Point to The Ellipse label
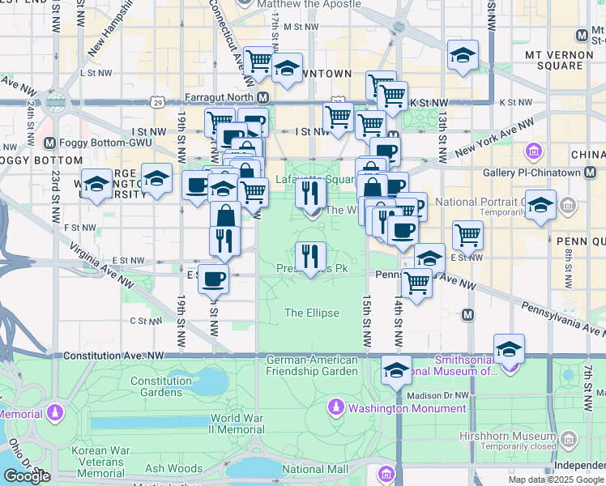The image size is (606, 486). [312, 313]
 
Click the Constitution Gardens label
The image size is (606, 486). [161, 386]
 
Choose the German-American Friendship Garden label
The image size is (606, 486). [312, 365]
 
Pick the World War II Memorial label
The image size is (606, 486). [237, 424]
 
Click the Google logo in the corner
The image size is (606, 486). [27, 476]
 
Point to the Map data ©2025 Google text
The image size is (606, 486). [557, 480]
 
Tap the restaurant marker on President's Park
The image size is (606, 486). [310, 257]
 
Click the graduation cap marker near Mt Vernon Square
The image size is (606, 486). [463, 55]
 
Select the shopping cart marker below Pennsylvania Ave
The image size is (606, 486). [416, 283]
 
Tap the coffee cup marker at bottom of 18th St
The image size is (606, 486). [213, 279]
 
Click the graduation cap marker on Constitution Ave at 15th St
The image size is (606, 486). [396, 370]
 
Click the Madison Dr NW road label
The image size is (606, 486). [438, 395]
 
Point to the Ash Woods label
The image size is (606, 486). [174, 468]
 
